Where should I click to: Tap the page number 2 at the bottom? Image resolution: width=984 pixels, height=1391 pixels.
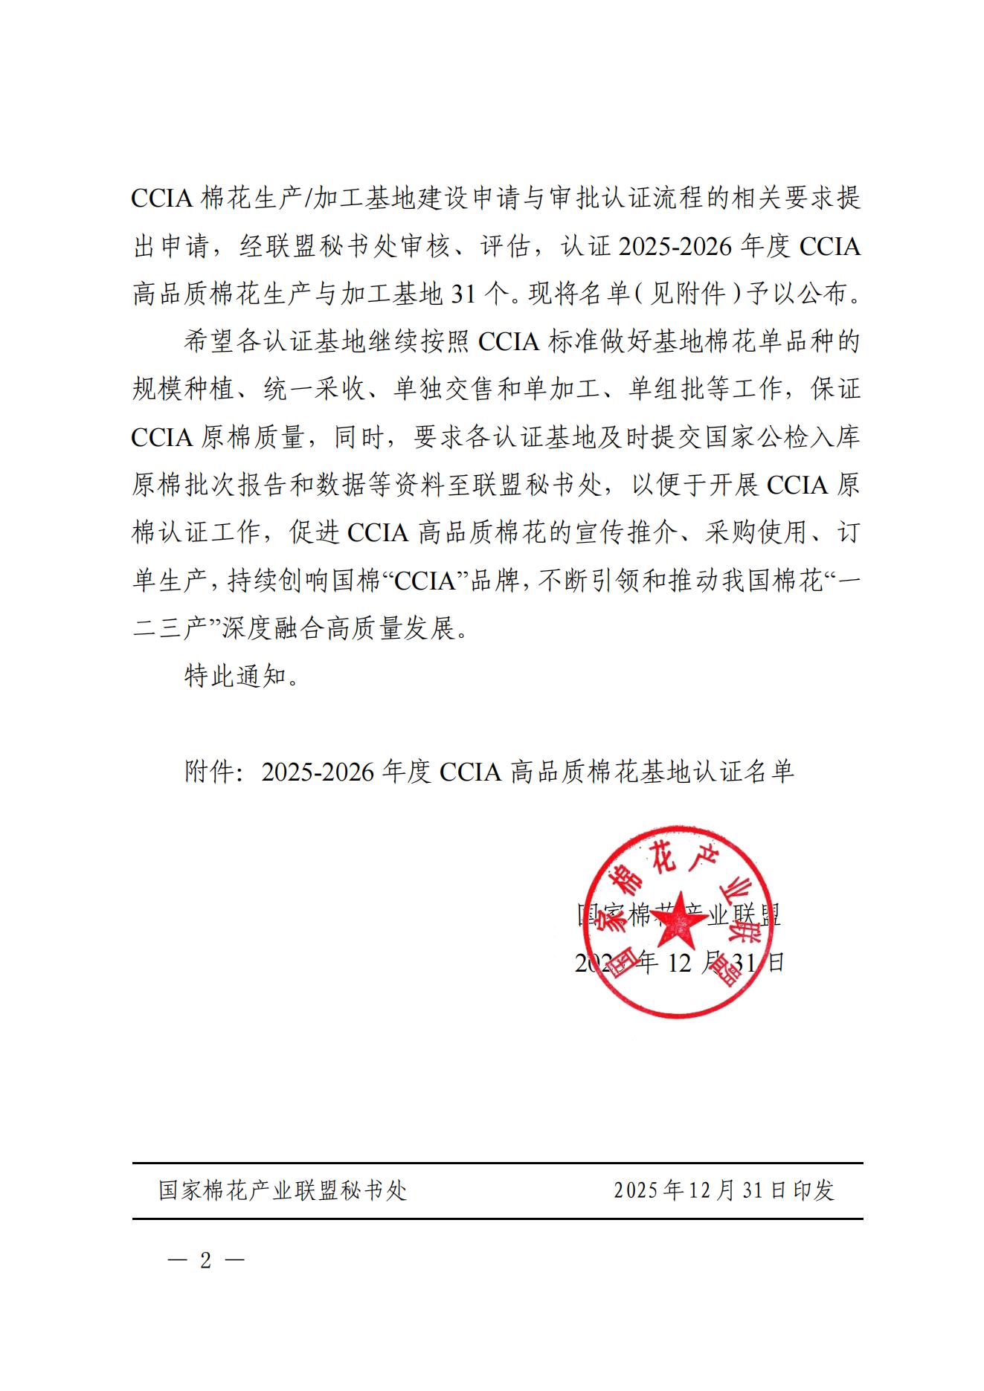click(x=206, y=1260)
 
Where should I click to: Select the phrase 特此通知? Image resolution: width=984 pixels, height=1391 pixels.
click(x=236, y=677)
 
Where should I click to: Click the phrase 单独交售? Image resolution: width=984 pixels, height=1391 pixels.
click(x=444, y=390)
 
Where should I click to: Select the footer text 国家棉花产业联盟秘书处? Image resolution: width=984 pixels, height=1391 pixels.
click(x=283, y=1190)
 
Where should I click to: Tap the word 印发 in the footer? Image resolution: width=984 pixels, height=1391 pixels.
click(x=813, y=1190)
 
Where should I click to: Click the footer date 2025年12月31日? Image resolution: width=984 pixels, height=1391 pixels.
click(x=701, y=1190)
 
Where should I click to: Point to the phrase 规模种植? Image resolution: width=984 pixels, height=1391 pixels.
click(x=184, y=390)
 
